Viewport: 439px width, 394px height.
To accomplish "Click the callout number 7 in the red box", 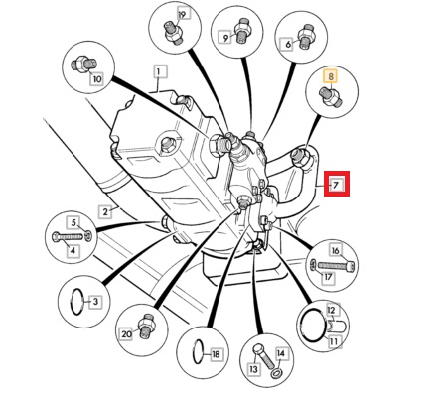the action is coord(336,184).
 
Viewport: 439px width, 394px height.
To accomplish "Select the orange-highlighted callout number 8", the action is coord(331,76).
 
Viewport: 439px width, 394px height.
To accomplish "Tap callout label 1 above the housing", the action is coord(160,71).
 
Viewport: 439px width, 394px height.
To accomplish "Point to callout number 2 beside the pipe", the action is coord(105,211).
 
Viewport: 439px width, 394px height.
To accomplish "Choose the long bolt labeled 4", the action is coord(69,237).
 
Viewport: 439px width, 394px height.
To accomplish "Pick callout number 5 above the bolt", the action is coord(74,223).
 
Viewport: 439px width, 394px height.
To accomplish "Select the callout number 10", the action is coord(97,79).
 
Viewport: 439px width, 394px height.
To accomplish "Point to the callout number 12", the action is coord(332,310).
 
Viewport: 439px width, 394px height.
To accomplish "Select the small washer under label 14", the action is coord(275,374).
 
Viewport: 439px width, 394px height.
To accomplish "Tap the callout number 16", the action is coord(335,251).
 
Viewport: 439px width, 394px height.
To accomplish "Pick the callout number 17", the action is coord(328,277).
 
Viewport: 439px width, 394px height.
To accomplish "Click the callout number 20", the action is coord(126,334).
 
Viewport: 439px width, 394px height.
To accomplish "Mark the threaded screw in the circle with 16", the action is coord(336,265).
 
